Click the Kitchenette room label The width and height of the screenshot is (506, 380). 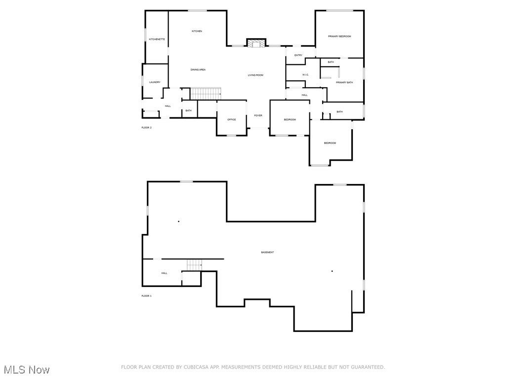pyautogui.click(x=157, y=39)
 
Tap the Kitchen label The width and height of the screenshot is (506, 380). pyautogui.click(x=197, y=31)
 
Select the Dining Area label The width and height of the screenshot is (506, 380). pyautogui.click(x=198, y=70)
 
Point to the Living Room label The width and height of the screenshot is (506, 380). pyautogui.click(x=255, y=75)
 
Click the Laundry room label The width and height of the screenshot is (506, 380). pyautogui.click(x=155, y=82)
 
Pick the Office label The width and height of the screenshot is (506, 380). pyautogui.click(x=231, y=120)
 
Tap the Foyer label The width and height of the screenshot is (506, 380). pyautogui.click(x=258, y=115)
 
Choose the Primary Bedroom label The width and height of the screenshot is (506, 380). pyautogui.click(x=339, y=36)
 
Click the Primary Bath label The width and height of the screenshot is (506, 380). pyautogui.click(x=344, y=83)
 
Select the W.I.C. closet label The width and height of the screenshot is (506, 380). pyautogui.click(x=305, y=75)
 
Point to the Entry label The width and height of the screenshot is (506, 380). pyautogui.click(x=298, y=55)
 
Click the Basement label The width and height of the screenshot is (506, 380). pyautogui.click(x=267, y=252)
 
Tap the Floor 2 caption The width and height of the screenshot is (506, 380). pyautogui.click(x=147, y=128)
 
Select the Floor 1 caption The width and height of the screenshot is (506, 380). pyautogui.click(x=147, y=296)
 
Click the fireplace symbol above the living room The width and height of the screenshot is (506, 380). pyautogui.click(x=256, y=44)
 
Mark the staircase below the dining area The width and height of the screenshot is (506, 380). pyautogui.click(x=206, y=93)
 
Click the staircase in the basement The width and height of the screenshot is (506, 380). pyautogui.click(x=195, y=265)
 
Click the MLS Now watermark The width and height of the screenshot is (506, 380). pyautogui.click(x=27, y=370)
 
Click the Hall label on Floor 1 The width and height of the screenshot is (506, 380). pyautogui.click(x=164, y=273)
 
